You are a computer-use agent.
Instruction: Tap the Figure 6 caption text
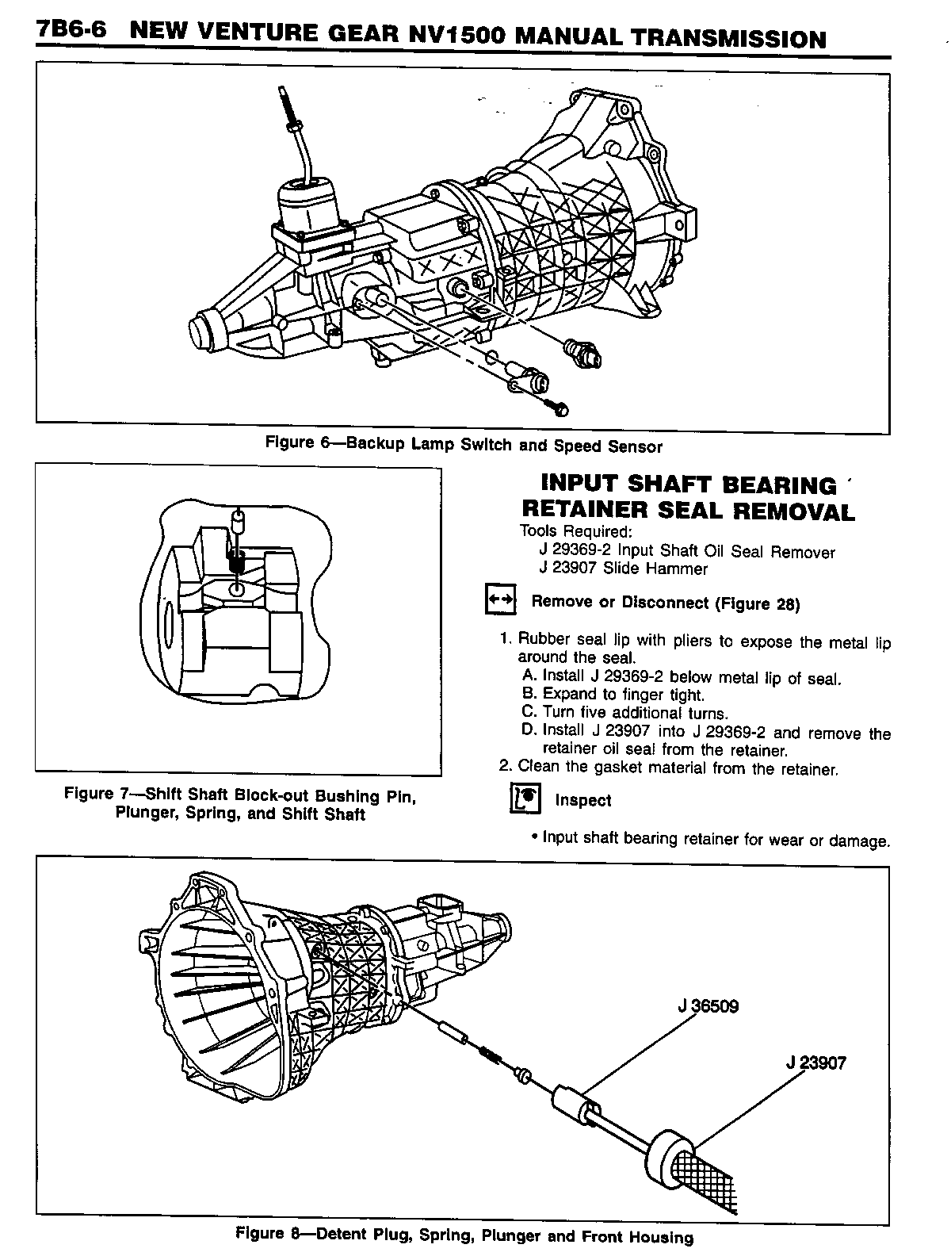(x=464, y=445)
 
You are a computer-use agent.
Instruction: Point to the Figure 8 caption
(x=464, y=1235)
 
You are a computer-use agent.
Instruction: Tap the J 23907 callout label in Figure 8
(x=815, y=1063)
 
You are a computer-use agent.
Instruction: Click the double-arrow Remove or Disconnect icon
(x=500, y=601)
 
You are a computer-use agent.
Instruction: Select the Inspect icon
(x=524, y=799)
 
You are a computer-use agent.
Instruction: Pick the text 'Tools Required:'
(x=575, y=531)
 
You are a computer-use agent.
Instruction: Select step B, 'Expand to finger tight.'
(x=613, y=695)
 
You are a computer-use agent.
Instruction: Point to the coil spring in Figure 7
(x=236, y=558)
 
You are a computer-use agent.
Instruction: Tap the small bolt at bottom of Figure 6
(x=559, y=409)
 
